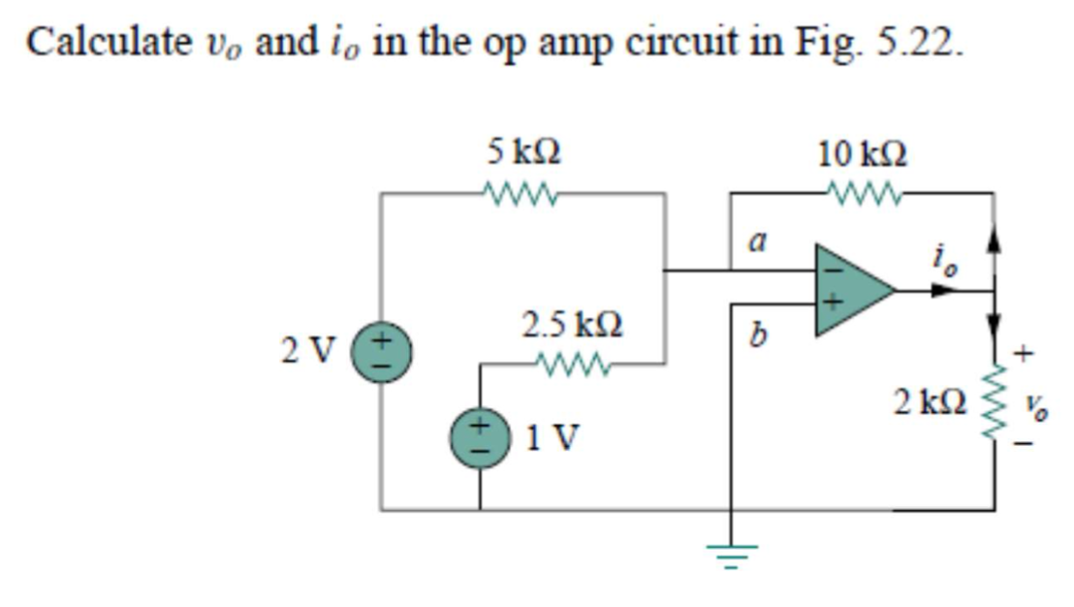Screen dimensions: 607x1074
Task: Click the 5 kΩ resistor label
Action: tap(524, 151)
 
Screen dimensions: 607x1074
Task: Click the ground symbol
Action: tap(731, 554)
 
